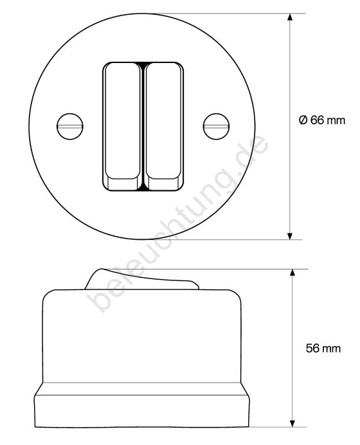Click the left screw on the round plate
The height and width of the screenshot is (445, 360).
click(x=70, y=126)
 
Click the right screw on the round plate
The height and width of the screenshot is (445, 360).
click(x=216, y=126)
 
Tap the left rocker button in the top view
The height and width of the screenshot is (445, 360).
click(x=123, y=126)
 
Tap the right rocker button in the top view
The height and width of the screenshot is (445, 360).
click(x=164, y=126)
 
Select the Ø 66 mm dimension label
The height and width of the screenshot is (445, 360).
click(x=322, y=120)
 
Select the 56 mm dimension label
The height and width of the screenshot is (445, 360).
click(x=323, y=349)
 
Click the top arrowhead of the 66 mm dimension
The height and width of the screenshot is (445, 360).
click(x=290, y=17)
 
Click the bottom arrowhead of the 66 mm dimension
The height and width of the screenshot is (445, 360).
click(x=290, y=236)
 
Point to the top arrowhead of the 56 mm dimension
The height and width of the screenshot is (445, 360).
click(x=292, y=273)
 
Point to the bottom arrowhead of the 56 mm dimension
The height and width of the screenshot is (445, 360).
click(x=292, y=423)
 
